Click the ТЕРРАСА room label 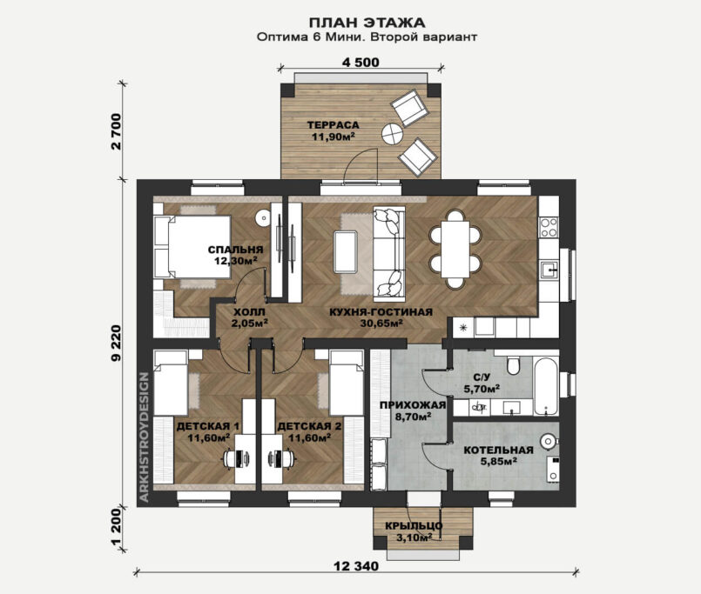point(333,125)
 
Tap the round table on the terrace point(393,134)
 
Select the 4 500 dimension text point(361,63)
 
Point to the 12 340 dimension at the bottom point(356,566)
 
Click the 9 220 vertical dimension point(116,343)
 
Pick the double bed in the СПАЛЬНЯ point(192,247)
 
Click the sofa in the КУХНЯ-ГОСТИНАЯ point(389,254)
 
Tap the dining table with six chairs point(455,249)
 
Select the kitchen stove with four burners point(549,227)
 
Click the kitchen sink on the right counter point(549,270)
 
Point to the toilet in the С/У point(513,365)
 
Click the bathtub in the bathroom point(546,386)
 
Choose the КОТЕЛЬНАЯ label point(498,451)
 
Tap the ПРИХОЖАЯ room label point(413,405)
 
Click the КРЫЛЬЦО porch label point(414,526)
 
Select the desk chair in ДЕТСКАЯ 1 point(231,458)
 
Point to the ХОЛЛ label point(249,312)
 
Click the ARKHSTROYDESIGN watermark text point(144,437)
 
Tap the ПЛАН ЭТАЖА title point(367,23)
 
